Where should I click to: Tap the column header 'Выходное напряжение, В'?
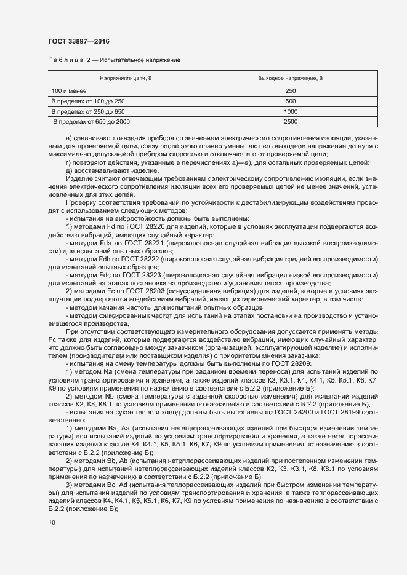(290, 79)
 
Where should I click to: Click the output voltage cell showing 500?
(291, 101)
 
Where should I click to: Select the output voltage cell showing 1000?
(291, 111)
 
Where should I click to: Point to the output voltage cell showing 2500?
(291, 122)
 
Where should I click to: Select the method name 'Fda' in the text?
(107, 244)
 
